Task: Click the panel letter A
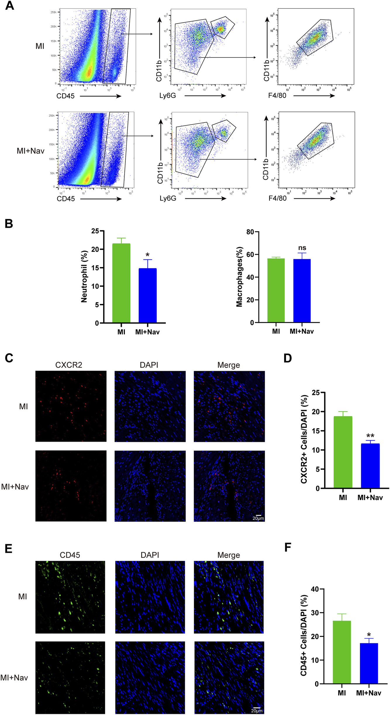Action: (9, 6)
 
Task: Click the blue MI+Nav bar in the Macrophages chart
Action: (302, 290)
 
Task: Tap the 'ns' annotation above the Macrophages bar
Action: (302, 248)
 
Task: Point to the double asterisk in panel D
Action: (370, 436)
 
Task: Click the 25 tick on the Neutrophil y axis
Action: (95, 231)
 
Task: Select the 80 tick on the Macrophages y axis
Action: (250, 232)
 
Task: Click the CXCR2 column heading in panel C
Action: (69, 365)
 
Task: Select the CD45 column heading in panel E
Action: (70, 555)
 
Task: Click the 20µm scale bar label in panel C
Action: (258, 518)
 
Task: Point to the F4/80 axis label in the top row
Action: (277, 96)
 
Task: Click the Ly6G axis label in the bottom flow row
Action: (168, 198)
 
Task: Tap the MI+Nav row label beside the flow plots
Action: (31, 151)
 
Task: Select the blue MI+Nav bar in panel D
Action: (370, 466)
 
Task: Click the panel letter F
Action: (288, 547)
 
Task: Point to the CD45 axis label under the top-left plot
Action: (65, 96)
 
